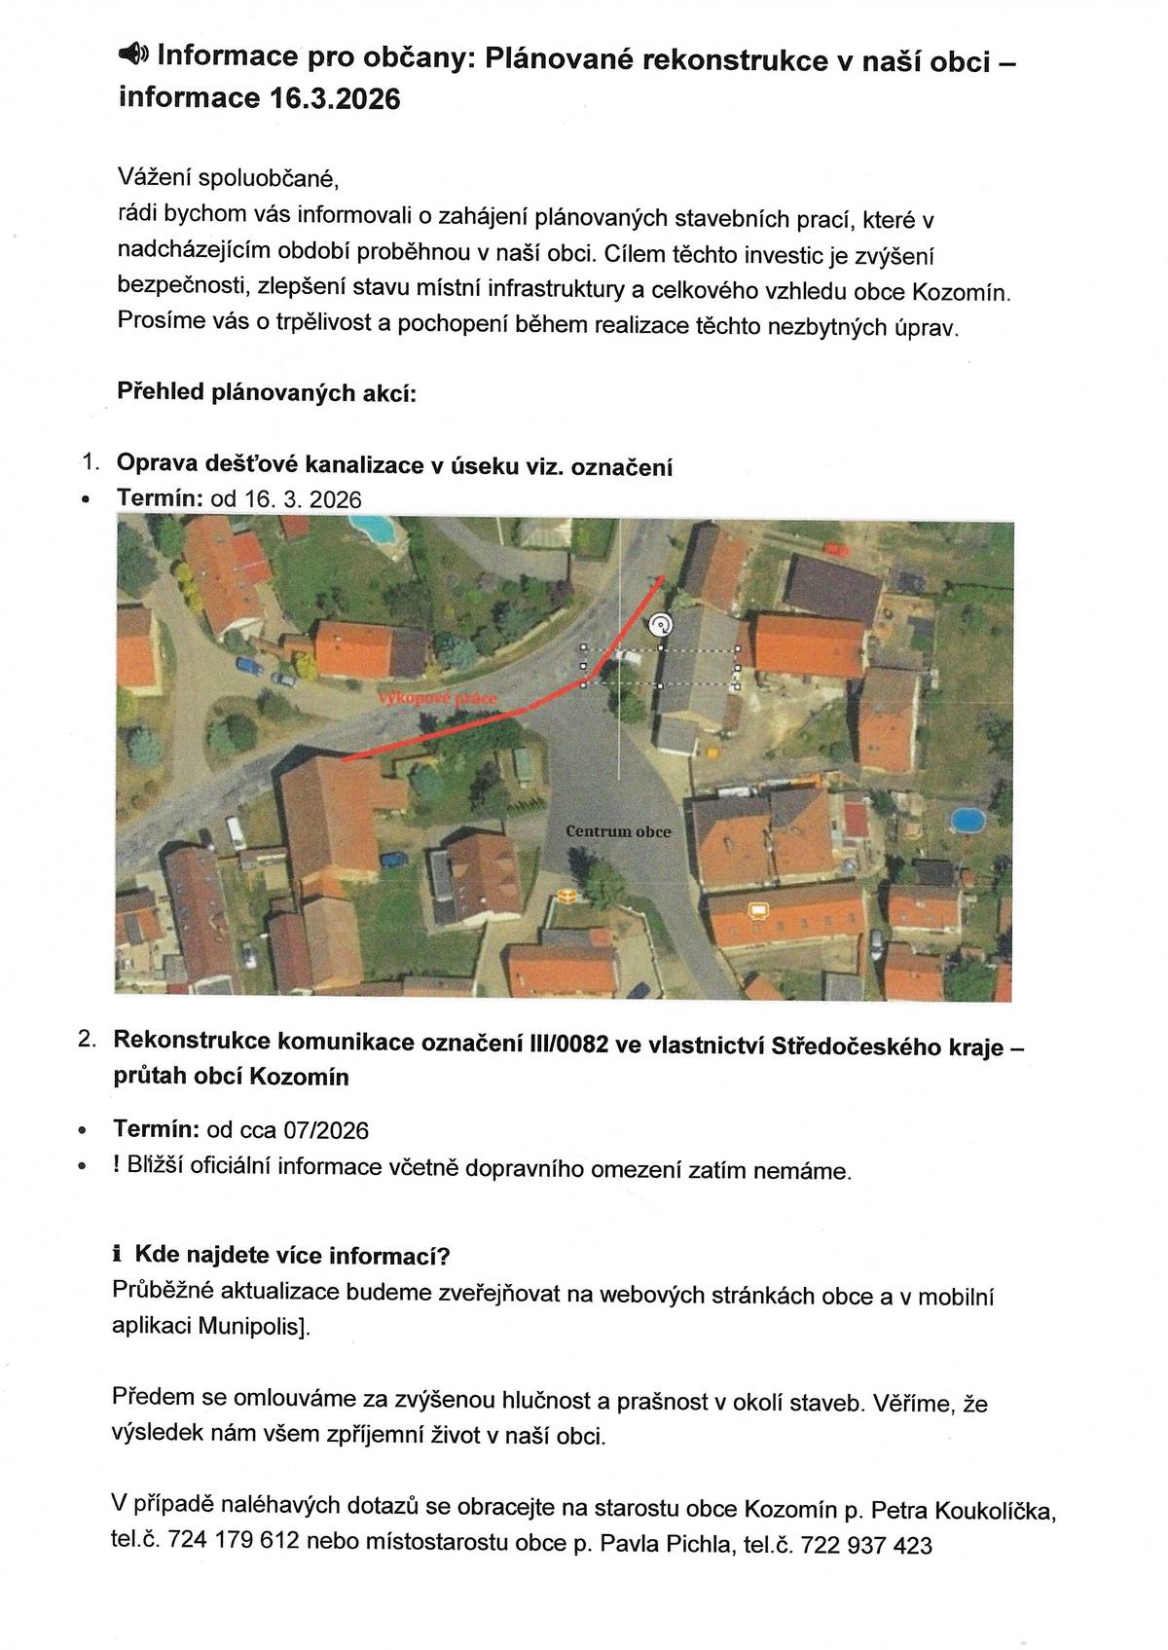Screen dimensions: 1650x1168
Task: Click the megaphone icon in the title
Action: point(132,55)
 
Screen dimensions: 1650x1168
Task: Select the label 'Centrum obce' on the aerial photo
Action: point(618,831)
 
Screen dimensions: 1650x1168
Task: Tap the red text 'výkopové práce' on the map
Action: point(437,699)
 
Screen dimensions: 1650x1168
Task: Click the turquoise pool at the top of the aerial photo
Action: point(373,528)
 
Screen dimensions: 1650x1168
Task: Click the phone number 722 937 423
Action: point(865,1545)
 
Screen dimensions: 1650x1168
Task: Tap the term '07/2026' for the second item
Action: point(326,1130)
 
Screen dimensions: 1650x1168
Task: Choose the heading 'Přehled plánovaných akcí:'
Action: point(266,392)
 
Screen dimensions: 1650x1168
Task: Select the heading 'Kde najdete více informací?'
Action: point(292,1255)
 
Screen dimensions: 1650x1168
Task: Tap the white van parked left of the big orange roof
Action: point(236,833)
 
